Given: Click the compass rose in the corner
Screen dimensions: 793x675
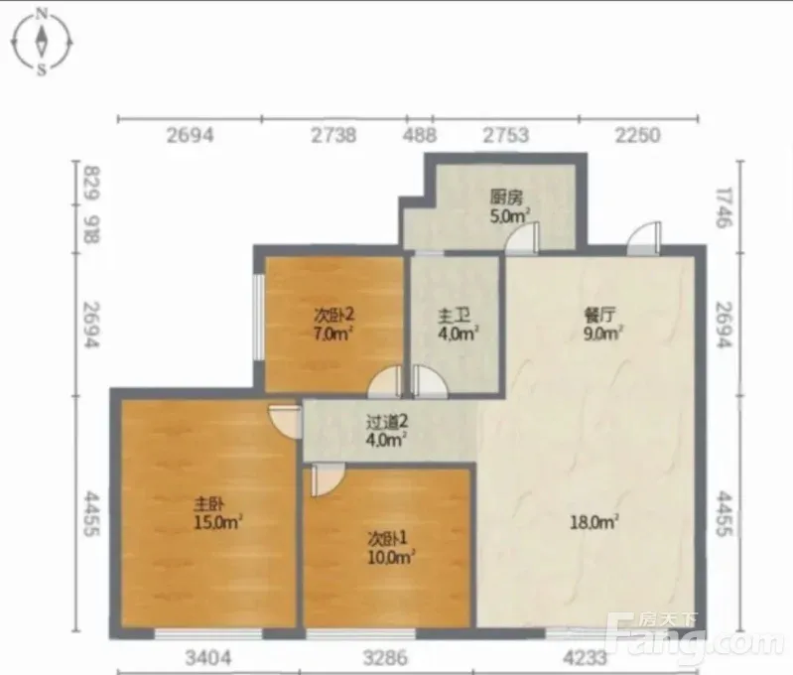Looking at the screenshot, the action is point(42,43).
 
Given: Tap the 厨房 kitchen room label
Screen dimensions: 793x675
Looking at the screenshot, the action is point(506,197).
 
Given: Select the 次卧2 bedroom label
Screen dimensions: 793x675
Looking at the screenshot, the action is point(334,316).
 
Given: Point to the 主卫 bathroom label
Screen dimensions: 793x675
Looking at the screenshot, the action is point(454,316).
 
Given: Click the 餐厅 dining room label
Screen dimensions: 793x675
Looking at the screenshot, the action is point(599,316).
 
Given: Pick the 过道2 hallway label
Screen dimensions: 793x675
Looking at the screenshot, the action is point(387,421).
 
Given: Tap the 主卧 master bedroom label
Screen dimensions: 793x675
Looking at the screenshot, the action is point(209,503).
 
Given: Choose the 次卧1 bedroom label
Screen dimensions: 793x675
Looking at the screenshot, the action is point(387,538).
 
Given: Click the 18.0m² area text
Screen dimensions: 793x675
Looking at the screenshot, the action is point(595,522).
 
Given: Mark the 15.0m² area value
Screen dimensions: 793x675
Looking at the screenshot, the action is point(218,522).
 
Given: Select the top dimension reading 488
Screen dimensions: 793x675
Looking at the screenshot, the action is point(420,135).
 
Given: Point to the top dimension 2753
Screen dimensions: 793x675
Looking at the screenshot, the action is point(506,135).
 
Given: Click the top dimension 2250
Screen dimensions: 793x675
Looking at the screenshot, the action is point(638,135).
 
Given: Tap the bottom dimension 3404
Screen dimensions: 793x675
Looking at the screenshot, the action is point(208,657).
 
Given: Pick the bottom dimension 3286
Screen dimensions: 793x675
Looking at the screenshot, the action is point(385,657).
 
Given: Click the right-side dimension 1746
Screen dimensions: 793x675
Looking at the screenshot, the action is point(725,207).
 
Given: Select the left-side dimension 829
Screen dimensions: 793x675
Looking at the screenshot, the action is point(92,183).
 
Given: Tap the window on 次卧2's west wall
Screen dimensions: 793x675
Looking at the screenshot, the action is point(258,318).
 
